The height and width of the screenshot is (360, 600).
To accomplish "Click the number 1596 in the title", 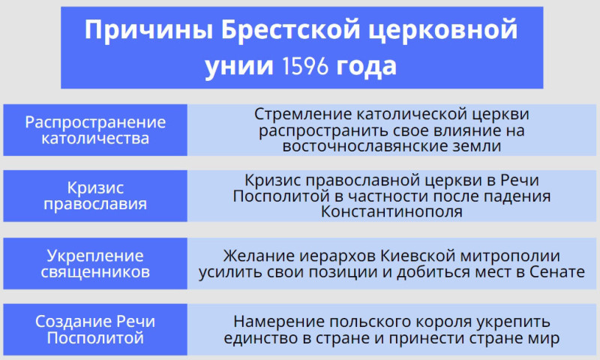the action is [305, 66].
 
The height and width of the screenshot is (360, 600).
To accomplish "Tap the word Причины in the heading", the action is [148, 31].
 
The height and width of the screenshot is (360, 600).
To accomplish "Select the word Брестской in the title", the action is [290, 30].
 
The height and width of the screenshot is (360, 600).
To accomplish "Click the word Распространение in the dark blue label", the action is [95, 123].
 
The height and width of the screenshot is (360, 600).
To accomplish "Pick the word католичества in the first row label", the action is [95, 138].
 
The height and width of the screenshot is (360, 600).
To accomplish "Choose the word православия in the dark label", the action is [95, 204].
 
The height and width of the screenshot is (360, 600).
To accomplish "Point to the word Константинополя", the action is [391, 211].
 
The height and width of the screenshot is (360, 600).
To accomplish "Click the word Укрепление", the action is [95, 256].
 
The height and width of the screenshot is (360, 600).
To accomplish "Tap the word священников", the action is [95, 272].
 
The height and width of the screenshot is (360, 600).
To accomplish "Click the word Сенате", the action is [557, 271].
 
